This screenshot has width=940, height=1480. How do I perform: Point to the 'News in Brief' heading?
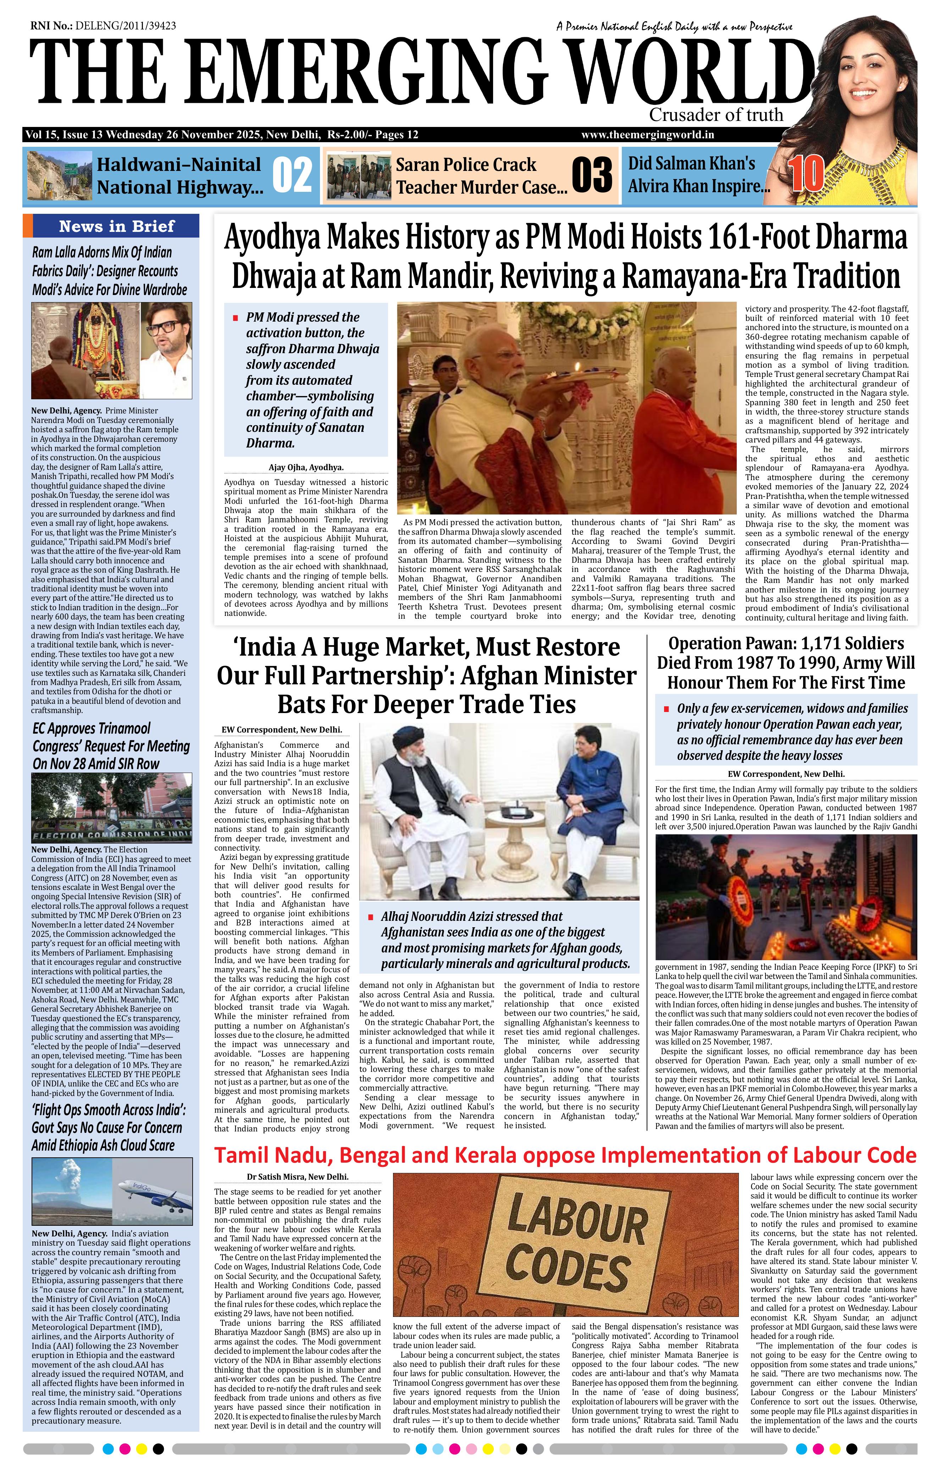(117, 226)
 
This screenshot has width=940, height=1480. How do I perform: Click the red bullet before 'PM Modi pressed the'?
(235, 318)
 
